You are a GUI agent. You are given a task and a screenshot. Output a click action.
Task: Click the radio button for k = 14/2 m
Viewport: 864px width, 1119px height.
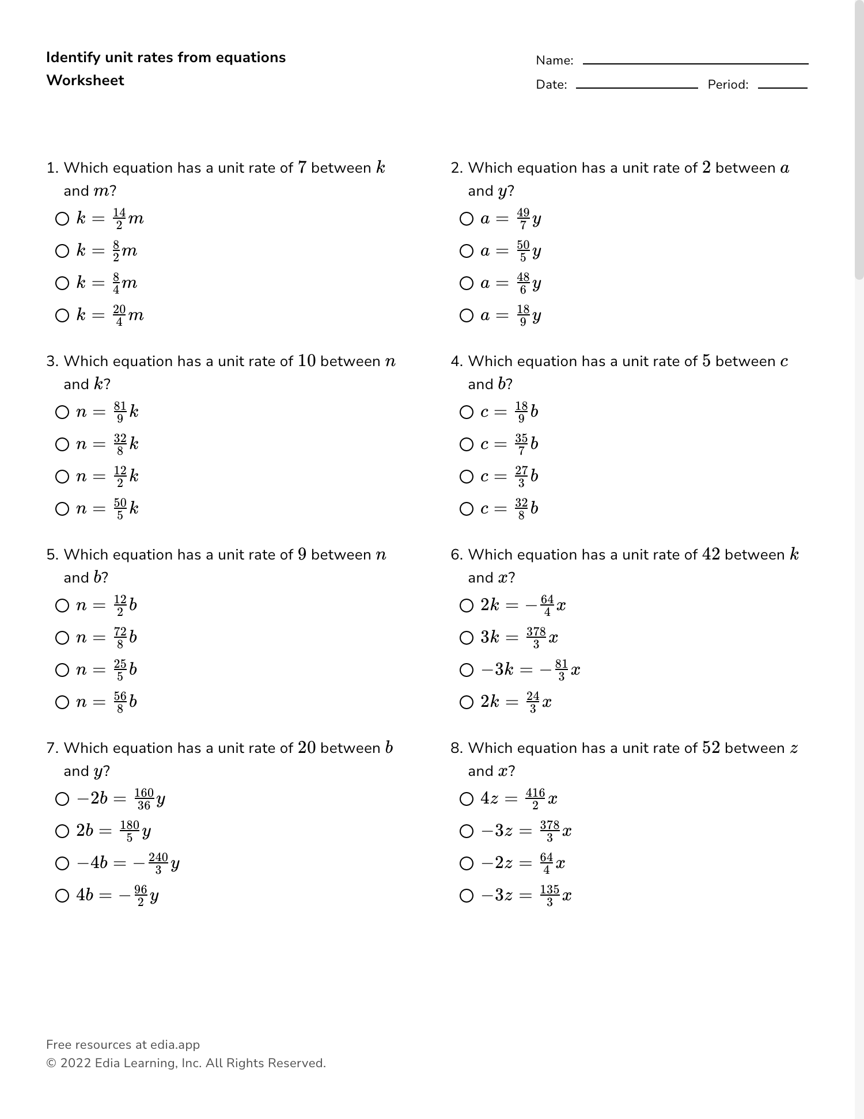click(x=62, y=219)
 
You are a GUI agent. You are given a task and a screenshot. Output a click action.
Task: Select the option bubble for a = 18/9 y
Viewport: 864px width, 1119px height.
click(x=467, y=315)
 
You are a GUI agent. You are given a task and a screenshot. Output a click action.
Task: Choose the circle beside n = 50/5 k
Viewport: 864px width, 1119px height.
click(x=62, y=509)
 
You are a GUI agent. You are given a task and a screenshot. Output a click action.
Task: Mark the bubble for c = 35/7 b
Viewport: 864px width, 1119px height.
click(x=467, y=444)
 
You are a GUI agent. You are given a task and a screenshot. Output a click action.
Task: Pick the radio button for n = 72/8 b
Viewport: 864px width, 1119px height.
click(x=62, y=638)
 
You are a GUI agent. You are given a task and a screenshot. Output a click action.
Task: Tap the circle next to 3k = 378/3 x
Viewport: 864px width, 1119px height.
click(x=467, y=638)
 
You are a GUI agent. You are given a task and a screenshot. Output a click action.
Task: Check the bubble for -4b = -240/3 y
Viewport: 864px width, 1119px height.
click(x=62, y=863)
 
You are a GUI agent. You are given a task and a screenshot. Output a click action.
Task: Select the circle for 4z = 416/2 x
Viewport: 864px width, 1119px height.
click(x=467, y=799)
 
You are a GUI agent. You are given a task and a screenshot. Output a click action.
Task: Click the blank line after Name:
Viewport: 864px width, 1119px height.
click(x=695, y=62)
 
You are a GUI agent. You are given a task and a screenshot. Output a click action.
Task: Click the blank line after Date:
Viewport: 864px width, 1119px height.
click(x=636, y=86)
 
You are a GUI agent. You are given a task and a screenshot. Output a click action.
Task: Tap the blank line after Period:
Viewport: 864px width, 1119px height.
click(x=782, y=86)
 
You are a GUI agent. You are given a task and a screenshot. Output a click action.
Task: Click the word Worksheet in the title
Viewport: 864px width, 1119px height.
click(x=85, y=80)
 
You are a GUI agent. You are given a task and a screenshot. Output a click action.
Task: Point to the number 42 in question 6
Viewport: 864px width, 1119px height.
click(x=711, y=554)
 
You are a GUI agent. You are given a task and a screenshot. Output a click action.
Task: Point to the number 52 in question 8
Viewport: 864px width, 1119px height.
click(x=711, y=748)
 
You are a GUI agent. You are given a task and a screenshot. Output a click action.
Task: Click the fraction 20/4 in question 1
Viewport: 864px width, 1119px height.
click(x=119, y=315)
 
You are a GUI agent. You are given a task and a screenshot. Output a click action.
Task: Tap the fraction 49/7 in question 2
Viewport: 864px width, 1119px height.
click(x=523, y=219)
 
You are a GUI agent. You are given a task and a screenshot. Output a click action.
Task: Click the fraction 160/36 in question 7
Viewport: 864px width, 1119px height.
click(x=144, y=799)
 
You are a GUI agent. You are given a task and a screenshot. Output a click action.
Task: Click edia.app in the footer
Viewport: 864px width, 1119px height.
click(x=175, y=1045)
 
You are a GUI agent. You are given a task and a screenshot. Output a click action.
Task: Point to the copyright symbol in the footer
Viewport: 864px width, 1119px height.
click(x=51, y=1063)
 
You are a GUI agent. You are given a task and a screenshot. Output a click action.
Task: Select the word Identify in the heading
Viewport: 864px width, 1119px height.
click(x=73, y=58)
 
